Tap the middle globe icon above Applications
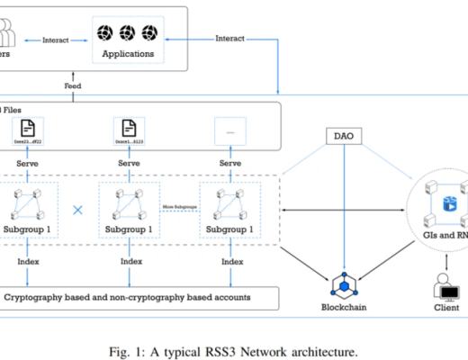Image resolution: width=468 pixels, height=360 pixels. coord(126,33)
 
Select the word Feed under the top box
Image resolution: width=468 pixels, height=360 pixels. coord(72,85)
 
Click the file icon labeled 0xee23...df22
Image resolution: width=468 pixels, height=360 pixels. coord(29,128)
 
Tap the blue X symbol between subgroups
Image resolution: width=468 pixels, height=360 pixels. coord(77,210)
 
